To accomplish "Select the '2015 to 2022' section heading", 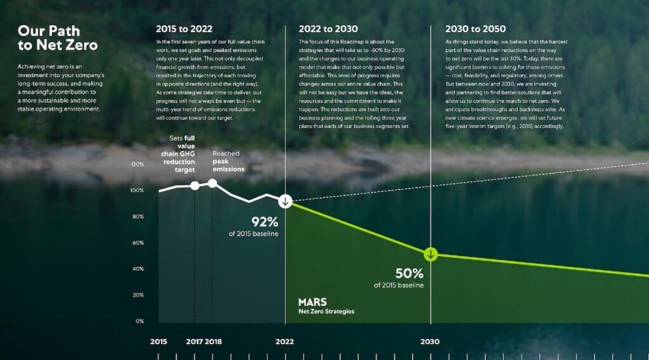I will (184, 29).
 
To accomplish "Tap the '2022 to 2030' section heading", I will (328, 29).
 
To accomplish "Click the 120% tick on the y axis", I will (137, 164).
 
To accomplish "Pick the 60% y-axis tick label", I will (138, 243).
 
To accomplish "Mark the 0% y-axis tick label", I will (139, 321).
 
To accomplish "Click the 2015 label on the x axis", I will (159, 342).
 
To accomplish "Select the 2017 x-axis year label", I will (195, 342).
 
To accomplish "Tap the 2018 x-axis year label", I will (214, 342).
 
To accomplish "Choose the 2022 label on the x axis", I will (285, 342).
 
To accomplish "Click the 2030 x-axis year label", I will (430, 342).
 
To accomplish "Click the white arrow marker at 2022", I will (286, 202).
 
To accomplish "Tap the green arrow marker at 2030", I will (431, 255).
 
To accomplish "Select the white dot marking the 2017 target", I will (195, 186).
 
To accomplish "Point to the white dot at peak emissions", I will (213, 183).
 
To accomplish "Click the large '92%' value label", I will (265, 222).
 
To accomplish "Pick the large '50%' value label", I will (409, 273).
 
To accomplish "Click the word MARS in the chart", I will (312, 302).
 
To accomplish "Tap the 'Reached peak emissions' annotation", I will (228, 161).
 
